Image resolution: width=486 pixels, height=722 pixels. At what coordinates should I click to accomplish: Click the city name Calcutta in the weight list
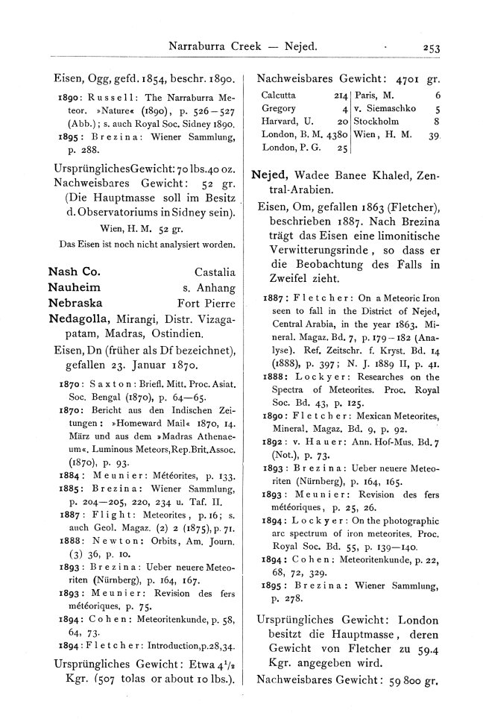pos(280,95)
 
